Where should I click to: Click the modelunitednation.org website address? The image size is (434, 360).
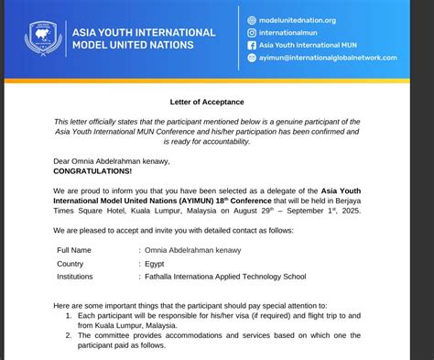tap(298, 19)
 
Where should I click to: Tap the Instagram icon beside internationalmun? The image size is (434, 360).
tap(251, 32)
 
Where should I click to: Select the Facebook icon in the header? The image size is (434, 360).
tap(251, 45)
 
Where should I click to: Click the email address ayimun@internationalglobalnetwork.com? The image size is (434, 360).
tap(328, 58)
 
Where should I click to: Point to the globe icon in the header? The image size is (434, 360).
tap(251, 19)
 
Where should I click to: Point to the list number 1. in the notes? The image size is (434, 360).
tap(71, 314)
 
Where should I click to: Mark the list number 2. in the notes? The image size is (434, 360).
tap(71, 336)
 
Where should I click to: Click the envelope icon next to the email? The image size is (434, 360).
tap(251, 58)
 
